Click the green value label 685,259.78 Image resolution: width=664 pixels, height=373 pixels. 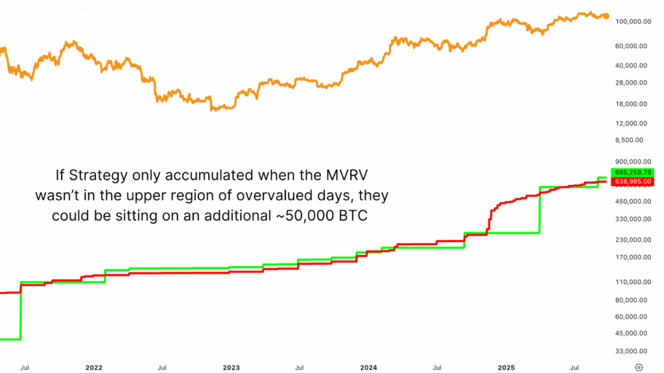point(637,172)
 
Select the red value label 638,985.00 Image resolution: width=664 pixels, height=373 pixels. point(637,182)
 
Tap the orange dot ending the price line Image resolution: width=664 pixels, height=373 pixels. point(606,16)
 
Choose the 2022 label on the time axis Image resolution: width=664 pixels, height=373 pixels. point(94,367)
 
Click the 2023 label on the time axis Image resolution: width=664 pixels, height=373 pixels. point(231,367)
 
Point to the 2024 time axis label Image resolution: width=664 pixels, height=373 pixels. point(370,367)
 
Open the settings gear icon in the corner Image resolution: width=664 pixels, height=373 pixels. point(639,367)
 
